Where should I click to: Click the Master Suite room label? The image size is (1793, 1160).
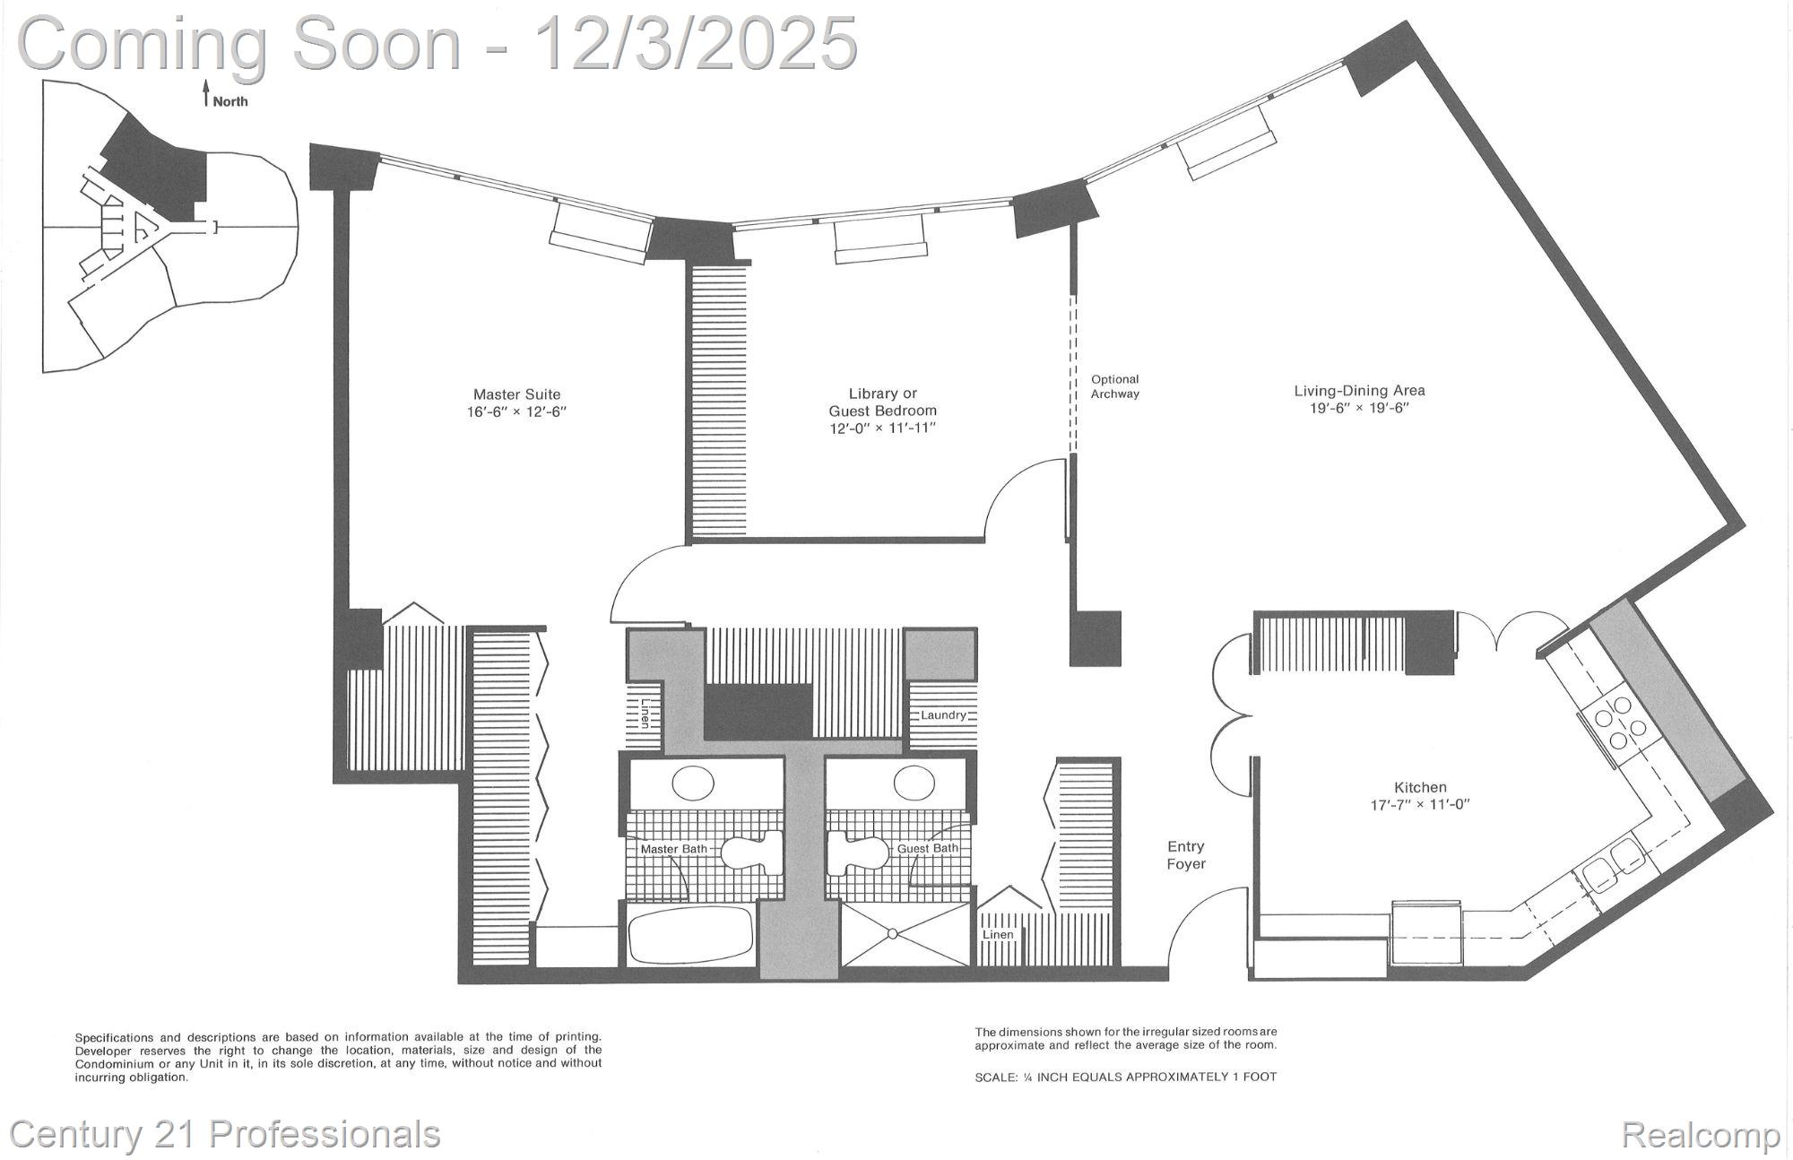tap(516, 394)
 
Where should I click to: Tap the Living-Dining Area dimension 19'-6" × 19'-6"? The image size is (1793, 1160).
tap(1359, 408)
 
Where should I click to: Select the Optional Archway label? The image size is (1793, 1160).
tap(1114, 386)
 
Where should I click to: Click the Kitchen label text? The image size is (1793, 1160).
tap(1420, 787)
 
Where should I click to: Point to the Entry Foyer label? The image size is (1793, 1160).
tap(1185, 855)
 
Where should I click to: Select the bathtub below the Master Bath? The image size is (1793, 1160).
tap(689, 935)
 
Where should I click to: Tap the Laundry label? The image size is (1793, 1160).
tap(943, 714)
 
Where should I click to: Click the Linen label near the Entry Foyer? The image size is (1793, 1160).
tap(998, 935)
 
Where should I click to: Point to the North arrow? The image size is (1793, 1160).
tap(206, 92)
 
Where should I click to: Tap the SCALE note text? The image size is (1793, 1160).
tap(1125, 1077)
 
